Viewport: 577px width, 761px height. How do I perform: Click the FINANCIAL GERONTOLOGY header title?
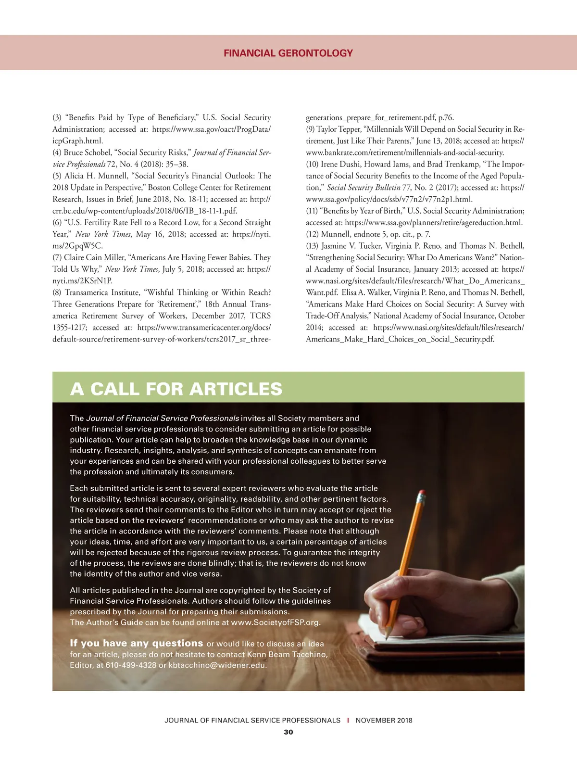point(288,53)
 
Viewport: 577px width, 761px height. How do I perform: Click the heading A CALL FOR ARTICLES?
point(176,389)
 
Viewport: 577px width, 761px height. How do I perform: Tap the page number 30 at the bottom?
point(288,732)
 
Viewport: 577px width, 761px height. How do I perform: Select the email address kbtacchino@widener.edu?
point(217,665)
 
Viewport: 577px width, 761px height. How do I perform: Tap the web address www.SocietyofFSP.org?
point(275,622)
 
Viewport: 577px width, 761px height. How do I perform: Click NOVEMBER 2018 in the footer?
point(384,720)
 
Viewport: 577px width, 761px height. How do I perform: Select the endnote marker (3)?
point(57,118)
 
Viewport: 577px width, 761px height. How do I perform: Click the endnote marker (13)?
point(312,246)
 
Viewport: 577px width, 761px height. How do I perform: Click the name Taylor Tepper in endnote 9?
point(339,129)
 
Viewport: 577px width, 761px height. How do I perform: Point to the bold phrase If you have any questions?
point(137,643)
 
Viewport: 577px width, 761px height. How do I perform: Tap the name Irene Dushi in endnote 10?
point(340,164)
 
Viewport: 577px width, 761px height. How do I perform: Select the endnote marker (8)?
point(57,292)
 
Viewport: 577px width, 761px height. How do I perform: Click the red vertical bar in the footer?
point(348,720)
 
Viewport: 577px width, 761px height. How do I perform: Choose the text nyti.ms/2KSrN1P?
point(82,281)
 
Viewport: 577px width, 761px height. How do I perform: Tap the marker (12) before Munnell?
point(312,234)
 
